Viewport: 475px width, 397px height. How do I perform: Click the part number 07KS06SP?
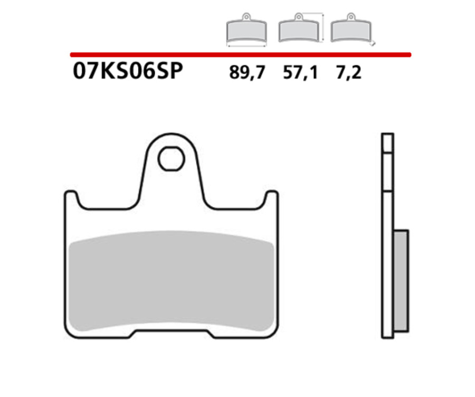pos(127,72)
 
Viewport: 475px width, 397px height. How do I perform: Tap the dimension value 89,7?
pos(246,73)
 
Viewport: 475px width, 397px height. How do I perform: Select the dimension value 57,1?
pos(300,73)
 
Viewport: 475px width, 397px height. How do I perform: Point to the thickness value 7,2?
pos(348,73)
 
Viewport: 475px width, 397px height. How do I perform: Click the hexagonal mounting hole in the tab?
pos(171,158)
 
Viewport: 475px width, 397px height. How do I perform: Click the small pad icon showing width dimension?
pos(246,30)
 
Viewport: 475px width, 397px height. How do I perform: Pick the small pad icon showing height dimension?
pos(299,29)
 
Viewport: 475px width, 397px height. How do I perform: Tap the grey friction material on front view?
pos(171,280)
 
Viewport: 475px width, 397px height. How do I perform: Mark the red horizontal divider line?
pos(240,54)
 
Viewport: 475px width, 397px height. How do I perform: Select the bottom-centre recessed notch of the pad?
pos(171,334)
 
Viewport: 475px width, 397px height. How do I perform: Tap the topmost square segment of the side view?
pos(387,143)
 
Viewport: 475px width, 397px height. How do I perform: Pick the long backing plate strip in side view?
pos(387,264)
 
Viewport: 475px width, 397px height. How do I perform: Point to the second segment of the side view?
pos(387,172)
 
